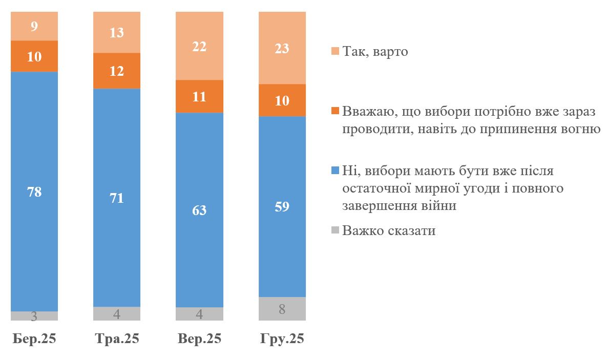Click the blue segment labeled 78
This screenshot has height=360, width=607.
click(34, 192)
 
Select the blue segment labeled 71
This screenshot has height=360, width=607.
click(117, 198)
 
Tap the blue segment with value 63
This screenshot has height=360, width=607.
click(199, 210)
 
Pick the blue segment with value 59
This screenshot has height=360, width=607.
click(282, 207)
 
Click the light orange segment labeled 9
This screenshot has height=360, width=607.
click(34, 26)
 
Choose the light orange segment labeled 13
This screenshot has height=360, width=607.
click(117, 32)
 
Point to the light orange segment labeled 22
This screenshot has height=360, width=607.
click(199, 46)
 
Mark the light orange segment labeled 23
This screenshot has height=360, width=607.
click(282, 48)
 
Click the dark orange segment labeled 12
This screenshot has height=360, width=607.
click(117, 71)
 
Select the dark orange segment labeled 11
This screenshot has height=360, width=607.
click(199, 96)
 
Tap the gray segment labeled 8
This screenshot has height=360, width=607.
click(282, 309)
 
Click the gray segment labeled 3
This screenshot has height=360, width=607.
click(34, 316)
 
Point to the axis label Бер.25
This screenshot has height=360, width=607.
click(34, 339)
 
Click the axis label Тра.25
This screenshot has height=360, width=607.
click(117, 339)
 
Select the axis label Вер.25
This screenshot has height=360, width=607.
click(199, 339)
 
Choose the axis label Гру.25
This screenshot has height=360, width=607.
click(282, 339)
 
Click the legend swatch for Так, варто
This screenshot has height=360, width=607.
click(336, 52)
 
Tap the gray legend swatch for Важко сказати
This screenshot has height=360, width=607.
click(336, 231)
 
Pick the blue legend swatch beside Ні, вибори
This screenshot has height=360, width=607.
click(336, 171)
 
